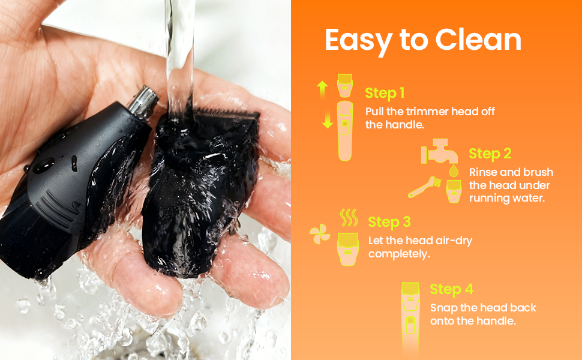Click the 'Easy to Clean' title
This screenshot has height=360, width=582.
[x=423, y=40]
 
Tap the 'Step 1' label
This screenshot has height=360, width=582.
[x=385, y=93]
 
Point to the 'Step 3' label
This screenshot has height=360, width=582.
[x=389, y=221]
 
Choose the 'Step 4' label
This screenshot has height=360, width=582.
[x=451, y=289]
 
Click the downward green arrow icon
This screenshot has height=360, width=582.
[x=327, y=120]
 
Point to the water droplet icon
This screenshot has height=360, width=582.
[x=454, y=172]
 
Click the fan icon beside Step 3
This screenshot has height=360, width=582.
[x=319, y=236]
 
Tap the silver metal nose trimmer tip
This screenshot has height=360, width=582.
[x=142, y=100]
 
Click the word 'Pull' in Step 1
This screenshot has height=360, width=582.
[x=376, y=112]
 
